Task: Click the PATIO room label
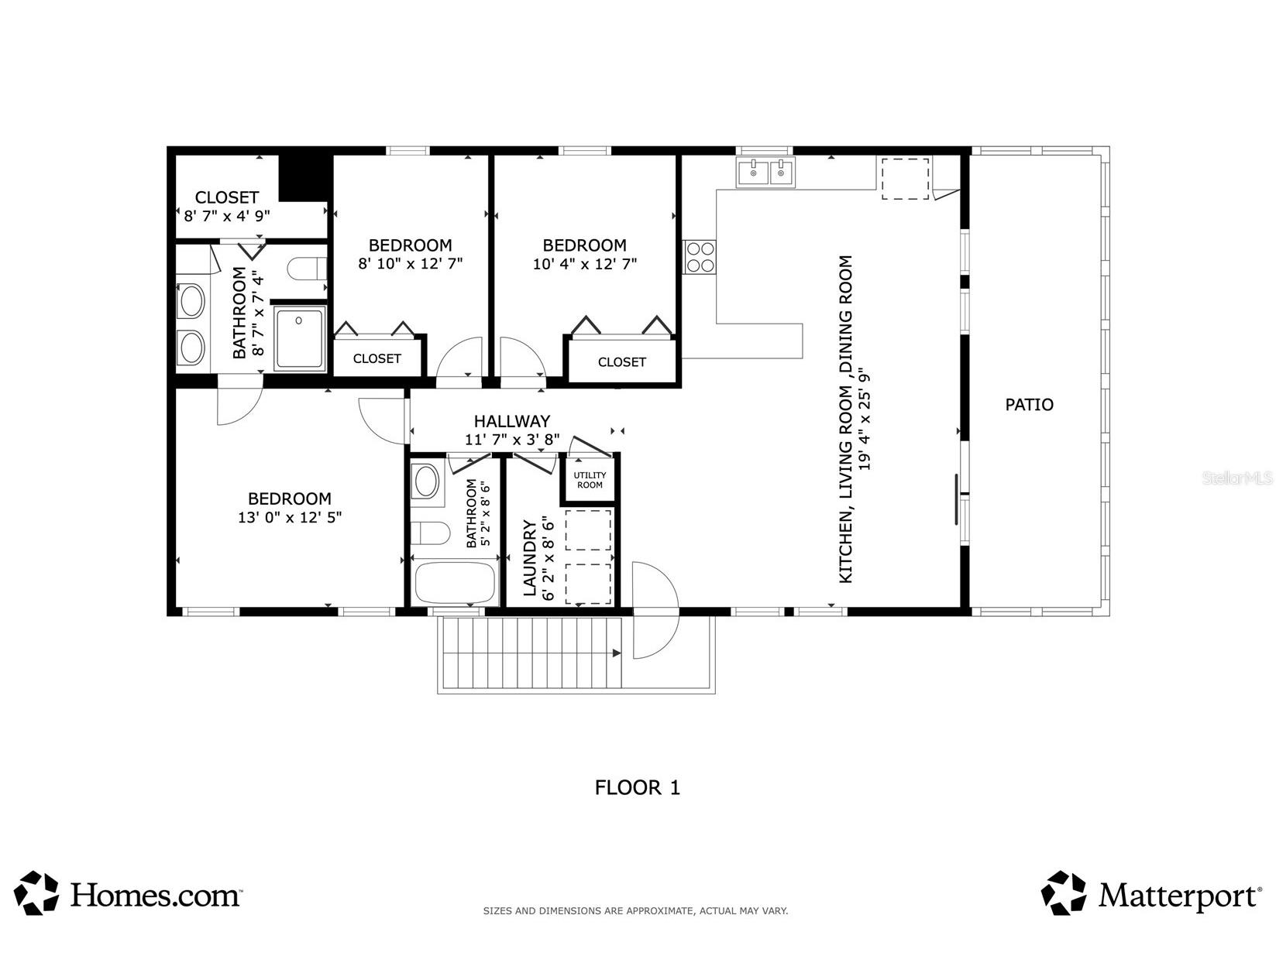tap(1029, 404)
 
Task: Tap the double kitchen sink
tap(765, 173)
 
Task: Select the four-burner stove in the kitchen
tap(699, 257)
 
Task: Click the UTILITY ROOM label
tap(590, 480)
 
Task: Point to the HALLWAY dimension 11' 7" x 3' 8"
tap(511, 440)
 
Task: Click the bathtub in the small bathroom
tap(455, 583)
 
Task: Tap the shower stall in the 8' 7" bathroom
tap(299, 338)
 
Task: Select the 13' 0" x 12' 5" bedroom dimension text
tap(289, 517)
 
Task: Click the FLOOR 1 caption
tap(637, 787)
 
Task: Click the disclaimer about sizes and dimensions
tap(635, 911)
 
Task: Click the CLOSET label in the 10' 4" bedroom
tap(621, 361)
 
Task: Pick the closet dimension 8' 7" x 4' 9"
tap(226, 216)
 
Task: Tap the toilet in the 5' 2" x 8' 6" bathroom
tap(430, 533)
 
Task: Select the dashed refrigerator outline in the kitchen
tap(904, 179)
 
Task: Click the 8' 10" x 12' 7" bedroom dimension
tap(410, 263)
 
